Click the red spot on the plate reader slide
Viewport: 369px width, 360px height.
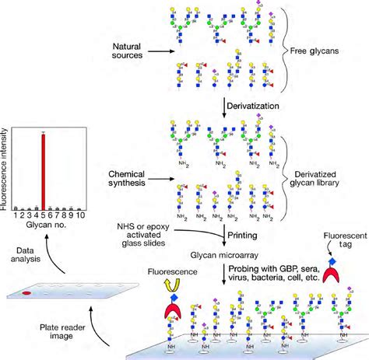click(x=26, y=295)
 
